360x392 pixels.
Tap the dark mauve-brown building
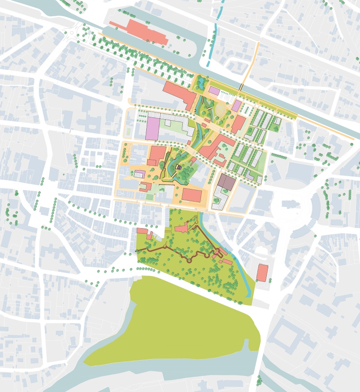(226, 182)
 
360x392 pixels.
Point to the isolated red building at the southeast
(262, 273)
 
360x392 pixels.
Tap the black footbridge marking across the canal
(241, 86)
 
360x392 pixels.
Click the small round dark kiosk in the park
(179, 167)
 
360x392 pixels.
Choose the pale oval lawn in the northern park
(220, 109)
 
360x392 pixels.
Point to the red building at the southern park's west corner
(142, 231)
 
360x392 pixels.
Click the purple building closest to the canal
(214, 91)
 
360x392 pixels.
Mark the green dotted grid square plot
(149, 197)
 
